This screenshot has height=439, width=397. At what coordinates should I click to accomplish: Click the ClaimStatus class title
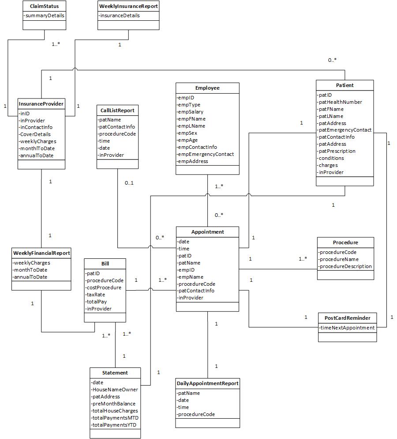pos(44,6)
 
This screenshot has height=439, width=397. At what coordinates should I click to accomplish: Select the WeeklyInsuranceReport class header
pos(128,6)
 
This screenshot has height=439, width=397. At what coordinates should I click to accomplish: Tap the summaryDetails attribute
pos(44,15)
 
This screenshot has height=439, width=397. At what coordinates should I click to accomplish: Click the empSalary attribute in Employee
pos(191,112)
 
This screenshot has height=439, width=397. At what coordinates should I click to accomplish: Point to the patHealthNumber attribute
pos(341,102)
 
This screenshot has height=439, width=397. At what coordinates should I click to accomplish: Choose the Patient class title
pos(345,85)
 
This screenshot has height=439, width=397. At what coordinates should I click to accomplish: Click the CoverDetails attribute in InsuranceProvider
pos(35,134)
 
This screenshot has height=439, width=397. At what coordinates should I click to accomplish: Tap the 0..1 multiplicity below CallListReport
pos(129,183)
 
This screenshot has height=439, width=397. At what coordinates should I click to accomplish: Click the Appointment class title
pos(207,232)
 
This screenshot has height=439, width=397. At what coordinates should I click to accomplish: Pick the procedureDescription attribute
pos(345,266)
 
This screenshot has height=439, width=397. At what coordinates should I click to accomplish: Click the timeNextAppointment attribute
pos(347,328)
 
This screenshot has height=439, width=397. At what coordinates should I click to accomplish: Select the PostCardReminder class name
pos(348,318)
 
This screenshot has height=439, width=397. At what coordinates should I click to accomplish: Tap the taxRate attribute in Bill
pos(96,295)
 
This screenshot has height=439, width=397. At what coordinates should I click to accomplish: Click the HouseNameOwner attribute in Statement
pos(115,390)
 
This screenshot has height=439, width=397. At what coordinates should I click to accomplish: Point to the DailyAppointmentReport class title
pos(207,383)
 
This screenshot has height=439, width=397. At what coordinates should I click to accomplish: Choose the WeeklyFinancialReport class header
pos(41,253)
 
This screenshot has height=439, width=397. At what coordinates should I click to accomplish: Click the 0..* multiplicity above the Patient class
pos(332,60)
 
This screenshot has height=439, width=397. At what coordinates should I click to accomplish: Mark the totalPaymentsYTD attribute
pos(114,425)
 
